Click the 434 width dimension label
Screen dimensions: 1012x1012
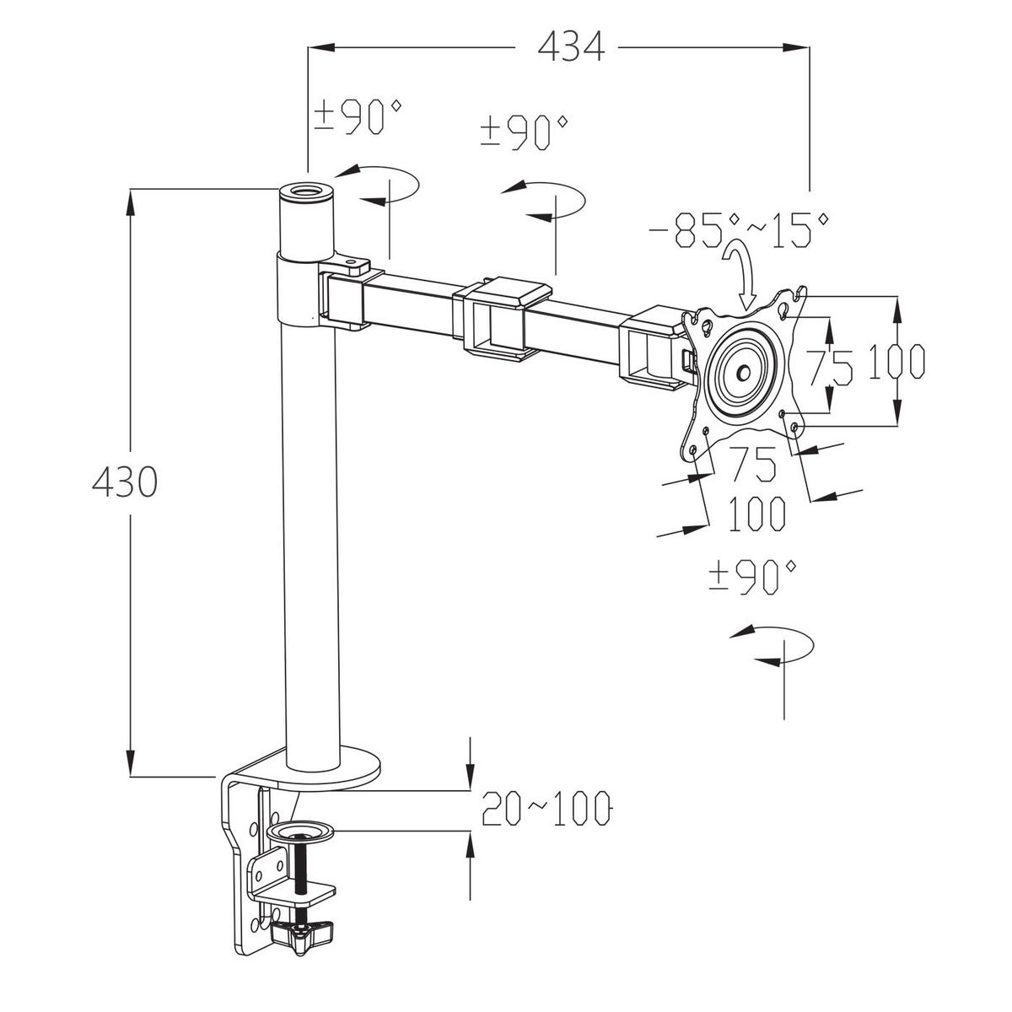coord(572,46)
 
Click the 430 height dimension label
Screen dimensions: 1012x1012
coord(125,482)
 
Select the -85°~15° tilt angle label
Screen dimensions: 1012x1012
coord(740,230)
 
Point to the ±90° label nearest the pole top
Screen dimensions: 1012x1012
coord(358,116)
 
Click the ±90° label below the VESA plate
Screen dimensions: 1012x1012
coord(752,577)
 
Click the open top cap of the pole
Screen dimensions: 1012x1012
coord(305,191)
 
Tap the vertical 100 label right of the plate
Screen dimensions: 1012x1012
coord(897,361)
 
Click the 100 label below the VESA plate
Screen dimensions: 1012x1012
coord(756,513)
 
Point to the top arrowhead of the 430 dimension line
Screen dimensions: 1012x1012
coord(130,202)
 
